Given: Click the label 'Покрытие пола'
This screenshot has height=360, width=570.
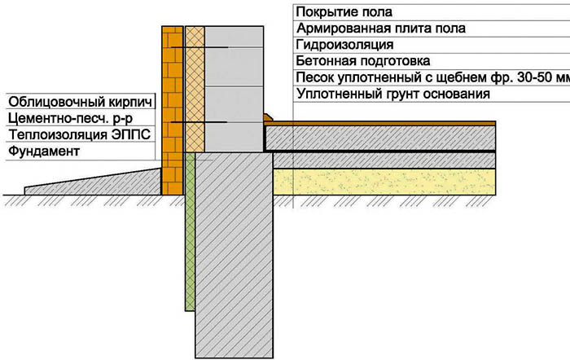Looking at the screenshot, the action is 344,12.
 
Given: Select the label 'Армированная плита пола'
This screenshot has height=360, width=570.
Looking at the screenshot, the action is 381,29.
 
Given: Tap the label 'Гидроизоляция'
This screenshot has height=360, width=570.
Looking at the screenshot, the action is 344,45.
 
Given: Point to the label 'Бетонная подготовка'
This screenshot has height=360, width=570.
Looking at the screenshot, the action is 363,61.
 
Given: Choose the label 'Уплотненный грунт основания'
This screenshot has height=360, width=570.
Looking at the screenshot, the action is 393,94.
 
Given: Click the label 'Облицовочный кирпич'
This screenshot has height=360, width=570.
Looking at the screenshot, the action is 80,102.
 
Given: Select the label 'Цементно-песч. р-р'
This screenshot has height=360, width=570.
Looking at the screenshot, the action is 70,119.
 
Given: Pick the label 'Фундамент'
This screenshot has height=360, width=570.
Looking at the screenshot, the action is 44,151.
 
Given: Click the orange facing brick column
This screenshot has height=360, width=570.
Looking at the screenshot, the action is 173,110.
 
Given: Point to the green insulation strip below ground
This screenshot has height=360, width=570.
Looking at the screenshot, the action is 190,231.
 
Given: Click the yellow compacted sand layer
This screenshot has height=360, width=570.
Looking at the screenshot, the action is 384,182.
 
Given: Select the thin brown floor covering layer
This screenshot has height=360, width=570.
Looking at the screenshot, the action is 380,124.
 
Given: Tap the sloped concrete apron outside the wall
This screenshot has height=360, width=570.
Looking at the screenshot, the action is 93,182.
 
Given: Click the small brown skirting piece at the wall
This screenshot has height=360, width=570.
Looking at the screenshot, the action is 268,117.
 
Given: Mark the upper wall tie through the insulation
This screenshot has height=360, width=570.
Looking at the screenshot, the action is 199,47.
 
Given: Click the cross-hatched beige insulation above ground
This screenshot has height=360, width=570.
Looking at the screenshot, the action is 195,89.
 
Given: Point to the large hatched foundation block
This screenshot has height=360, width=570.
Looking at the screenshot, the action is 235,255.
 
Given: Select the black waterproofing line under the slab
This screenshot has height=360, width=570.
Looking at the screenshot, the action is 380,151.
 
